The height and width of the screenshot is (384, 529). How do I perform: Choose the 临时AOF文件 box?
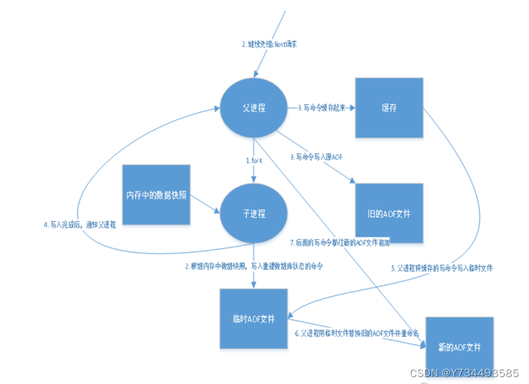(252, 319)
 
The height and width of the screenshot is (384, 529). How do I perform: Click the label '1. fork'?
(255, 160)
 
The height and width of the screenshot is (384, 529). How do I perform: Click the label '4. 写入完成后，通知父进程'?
(79, 224)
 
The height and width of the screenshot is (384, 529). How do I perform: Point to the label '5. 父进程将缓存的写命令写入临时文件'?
(442, 267)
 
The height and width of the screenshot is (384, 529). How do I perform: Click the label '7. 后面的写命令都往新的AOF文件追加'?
(340, 242)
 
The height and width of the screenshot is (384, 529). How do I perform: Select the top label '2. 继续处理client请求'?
(269, 44)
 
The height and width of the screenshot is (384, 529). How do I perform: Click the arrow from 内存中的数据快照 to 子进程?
(205, 204)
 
